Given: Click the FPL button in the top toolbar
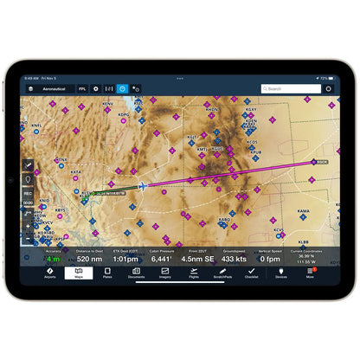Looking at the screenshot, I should (x=82, y=88).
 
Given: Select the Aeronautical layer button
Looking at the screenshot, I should (x=50, y=88).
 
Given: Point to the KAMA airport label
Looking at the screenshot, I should (x=304, y=210).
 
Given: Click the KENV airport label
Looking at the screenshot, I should (x=107, y=105).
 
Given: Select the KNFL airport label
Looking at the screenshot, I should (x=39, y=125).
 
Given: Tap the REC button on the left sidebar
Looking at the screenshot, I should (x=28, y=193).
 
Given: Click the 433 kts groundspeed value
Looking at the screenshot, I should (x=233, y=259).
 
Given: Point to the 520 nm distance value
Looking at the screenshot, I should (x=89, y=259).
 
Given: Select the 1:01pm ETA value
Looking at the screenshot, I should (x=125, y=259).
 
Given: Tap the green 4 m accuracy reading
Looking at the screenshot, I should (x=53, y=259).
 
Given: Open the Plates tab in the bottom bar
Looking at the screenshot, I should (x=106, y=273).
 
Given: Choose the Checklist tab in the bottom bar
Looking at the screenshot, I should (x=251, y=273).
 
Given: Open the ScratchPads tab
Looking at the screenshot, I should (x=222, y=273).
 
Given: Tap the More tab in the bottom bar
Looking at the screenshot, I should (x=310, y=273).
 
